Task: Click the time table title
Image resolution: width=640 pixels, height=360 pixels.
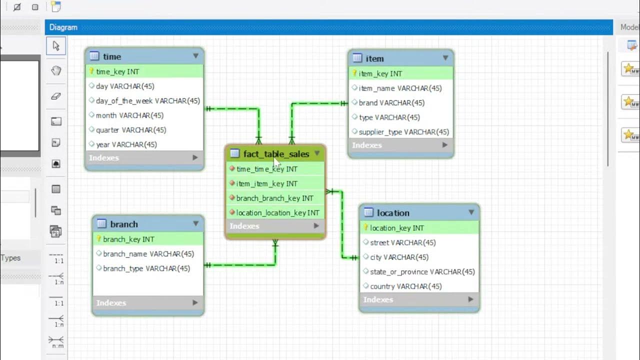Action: (112, 56)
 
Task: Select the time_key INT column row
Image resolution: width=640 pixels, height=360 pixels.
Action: (117, 71)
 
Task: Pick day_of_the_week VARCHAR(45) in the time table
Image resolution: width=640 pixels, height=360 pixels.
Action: (147, 100)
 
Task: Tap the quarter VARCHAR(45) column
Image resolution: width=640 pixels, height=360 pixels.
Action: (131, 129)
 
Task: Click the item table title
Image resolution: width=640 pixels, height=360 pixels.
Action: (374, 58)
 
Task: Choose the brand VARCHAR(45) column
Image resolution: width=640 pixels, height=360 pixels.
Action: (391, 102)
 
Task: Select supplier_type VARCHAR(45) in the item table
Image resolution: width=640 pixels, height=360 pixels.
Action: (403, 132)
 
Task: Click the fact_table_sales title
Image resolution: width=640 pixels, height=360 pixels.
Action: (276, 154)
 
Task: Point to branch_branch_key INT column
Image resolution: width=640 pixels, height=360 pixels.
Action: (274, 198)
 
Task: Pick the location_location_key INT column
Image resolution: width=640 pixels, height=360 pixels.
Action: (277, 212)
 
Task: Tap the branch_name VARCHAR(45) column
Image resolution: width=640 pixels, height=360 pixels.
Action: (148, 253)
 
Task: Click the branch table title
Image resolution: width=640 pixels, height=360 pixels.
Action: (124, 224)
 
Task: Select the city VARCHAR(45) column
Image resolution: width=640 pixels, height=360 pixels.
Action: (399, 257)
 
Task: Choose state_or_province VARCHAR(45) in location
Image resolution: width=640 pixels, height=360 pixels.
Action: (422, 271)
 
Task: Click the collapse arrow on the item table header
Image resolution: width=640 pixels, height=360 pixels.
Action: (445, 58)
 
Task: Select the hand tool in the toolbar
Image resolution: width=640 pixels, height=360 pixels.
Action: (56, 70)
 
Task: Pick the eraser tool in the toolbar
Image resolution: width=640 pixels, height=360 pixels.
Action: (56, 96)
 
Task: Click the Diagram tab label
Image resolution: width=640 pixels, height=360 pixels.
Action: (63, 27)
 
